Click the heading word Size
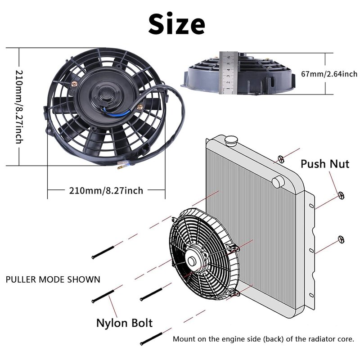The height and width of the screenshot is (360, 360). click(x=177, y=23)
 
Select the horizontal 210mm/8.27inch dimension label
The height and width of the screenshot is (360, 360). click(x=106, y=191)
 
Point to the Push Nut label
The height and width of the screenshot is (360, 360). click(x=325, y=163)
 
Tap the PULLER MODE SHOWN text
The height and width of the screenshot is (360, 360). click(x=53, y=279)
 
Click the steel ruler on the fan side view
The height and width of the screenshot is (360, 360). click(x=227, y=73)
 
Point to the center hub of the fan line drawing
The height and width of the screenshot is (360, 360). click(x=195, y=261)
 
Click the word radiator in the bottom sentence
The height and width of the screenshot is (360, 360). click(x=317, y=339)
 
